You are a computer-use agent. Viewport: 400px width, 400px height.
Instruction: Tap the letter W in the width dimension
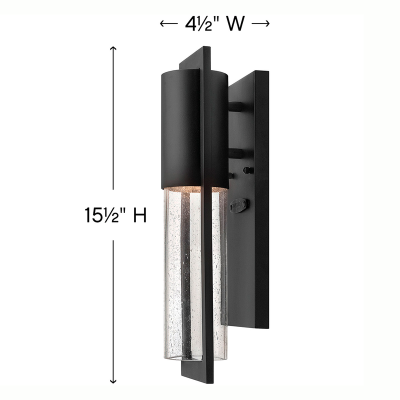coord(235,24)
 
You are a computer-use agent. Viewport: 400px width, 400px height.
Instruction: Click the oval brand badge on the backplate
coord(238,204)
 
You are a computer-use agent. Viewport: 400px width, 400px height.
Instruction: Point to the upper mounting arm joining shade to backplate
coord(237,106)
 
